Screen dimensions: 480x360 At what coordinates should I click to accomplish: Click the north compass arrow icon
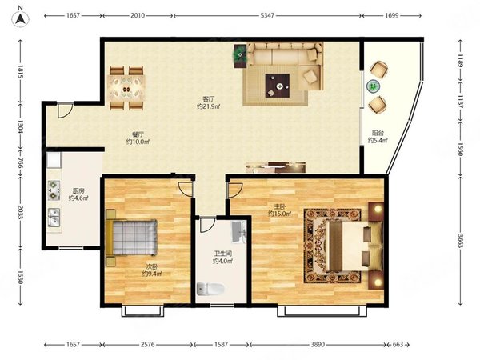pyautogui.click(x=20, y=19)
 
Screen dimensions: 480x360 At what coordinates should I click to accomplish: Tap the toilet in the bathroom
pyautogui.click(x=210, y=289)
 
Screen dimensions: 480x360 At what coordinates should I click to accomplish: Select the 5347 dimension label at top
pyautogui.click(x=267, y=15)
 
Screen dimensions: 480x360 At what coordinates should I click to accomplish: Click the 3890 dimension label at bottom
pyautogui.click(x=318, y=344)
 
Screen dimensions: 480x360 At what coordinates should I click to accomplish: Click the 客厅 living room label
pyautogui.click(x=209, y=99)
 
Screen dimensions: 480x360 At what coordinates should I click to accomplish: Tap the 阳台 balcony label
pyautogui.click(x=378, y=133)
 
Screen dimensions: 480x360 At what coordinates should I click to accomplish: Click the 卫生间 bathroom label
pyautogui.click(x=223, y=254)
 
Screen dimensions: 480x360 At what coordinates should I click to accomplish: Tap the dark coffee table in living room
pyautogui.click(x=278, y=86)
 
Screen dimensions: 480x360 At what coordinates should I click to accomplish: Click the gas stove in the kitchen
pyautogui.click(x=54, y=190)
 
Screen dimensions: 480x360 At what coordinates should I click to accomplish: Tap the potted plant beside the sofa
pyautogui.click(x=240, y=55)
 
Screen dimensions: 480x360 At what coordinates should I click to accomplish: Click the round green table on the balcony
pyautogui.click(x=373, y=86)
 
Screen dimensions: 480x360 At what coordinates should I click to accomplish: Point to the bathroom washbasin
pyautogui.click(x=238, y=232)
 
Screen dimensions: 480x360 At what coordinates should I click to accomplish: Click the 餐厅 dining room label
pyautogui.click(x=138, y=134)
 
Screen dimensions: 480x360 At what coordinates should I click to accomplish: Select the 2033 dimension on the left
pyautogui.click(x=20, y=212)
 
